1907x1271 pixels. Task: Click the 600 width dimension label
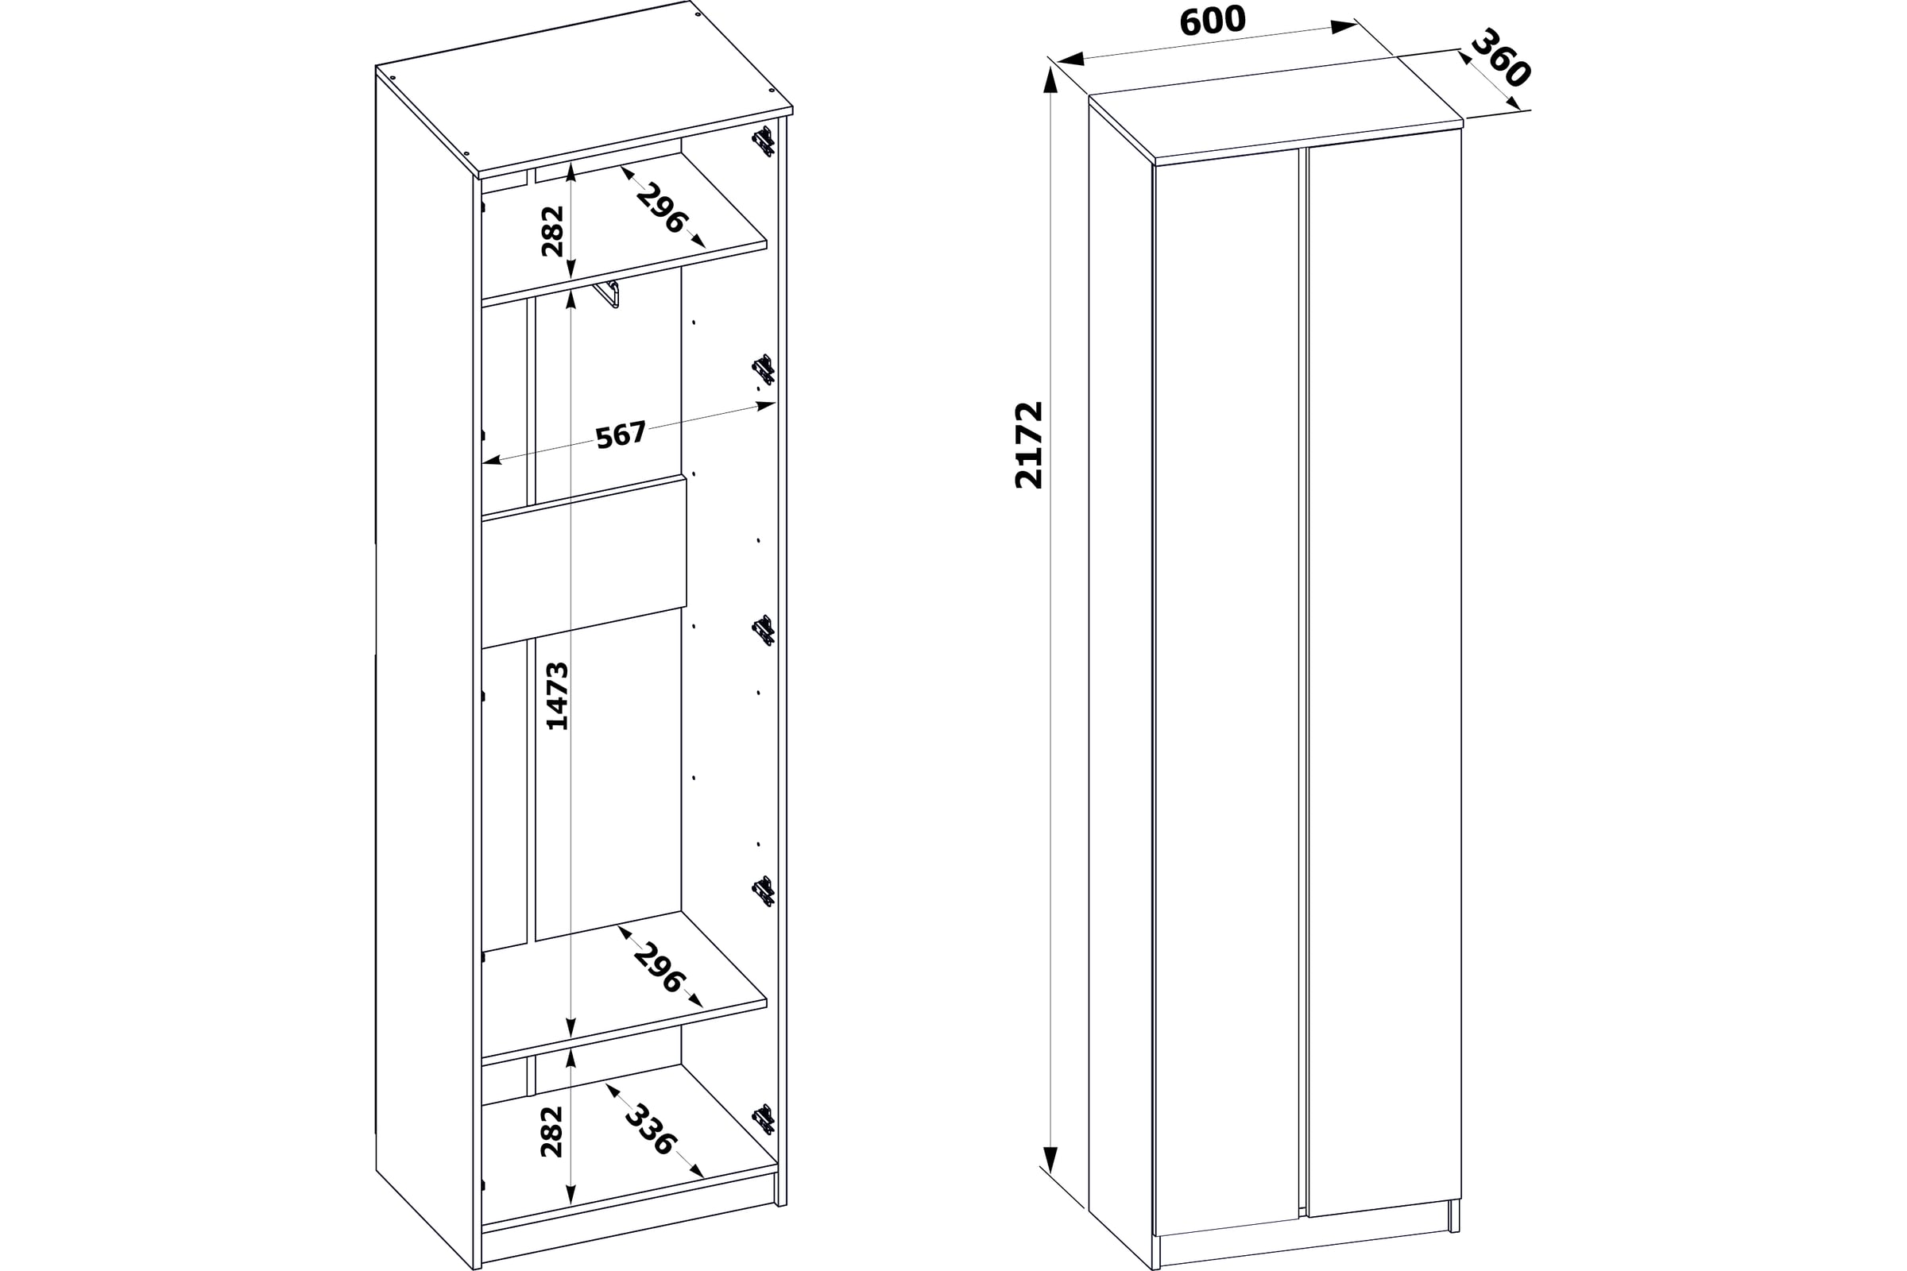pos(1213,22)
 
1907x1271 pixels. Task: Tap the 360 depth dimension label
pos(1501,57)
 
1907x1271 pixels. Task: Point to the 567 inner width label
pos(621,435)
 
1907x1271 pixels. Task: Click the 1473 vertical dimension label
pos(557,697)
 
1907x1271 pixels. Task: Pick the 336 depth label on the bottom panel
pos(649,1130)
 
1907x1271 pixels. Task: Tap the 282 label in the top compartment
pos(552,231)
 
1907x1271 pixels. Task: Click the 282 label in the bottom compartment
pos(551,1131)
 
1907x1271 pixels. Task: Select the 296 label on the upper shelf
pos(663,208)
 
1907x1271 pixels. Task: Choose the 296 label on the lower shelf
pos(660,968)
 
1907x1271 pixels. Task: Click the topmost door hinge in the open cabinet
pos(763,142)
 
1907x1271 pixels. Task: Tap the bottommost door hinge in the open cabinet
pos(763,1119)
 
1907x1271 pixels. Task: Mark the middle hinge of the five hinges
pos(763,631)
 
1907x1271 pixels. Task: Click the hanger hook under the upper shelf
pos(606,293)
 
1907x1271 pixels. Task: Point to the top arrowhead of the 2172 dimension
pos(1050,79)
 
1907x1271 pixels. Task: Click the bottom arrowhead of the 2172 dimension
pos(1050,1160)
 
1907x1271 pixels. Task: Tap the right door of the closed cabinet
pos(1384,673)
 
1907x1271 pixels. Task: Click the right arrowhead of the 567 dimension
pos(766,405)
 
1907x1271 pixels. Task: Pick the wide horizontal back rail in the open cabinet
pos(585,562)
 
